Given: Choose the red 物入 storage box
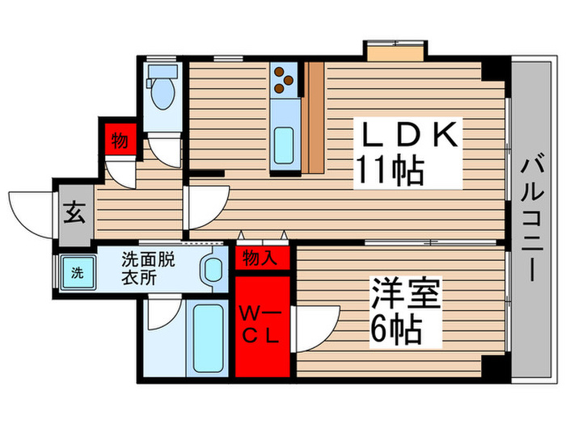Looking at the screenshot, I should click(262, 258).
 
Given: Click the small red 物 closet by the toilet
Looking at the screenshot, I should click(119, 140).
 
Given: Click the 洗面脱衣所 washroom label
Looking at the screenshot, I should click(146, 267).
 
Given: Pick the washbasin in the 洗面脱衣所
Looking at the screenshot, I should click(214, 269).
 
